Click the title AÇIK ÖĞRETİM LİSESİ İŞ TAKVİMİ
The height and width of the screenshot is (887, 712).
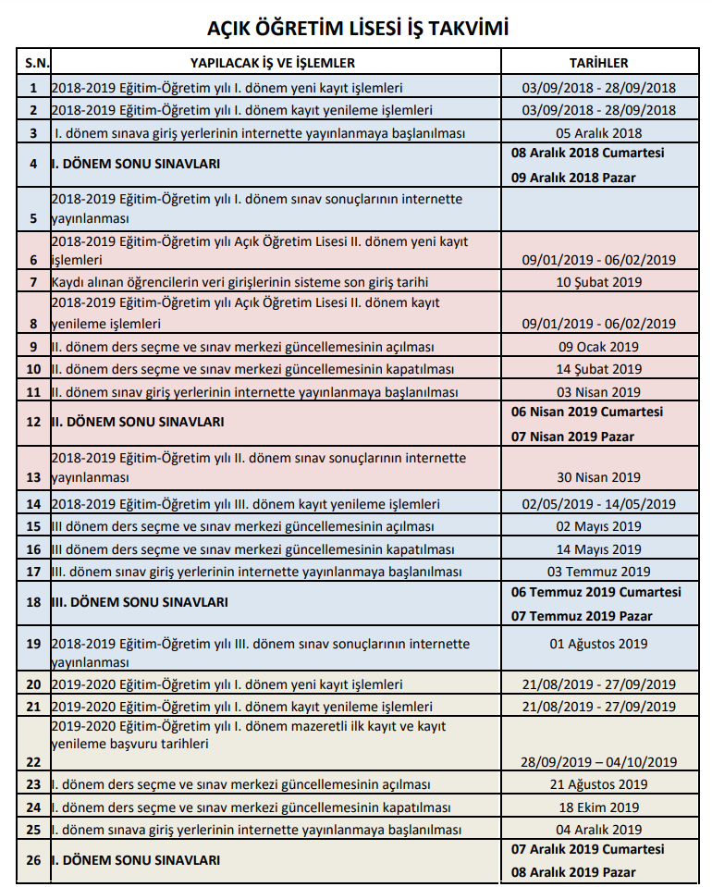[x=358, y=29]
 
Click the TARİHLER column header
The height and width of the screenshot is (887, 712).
[x=598, y=63]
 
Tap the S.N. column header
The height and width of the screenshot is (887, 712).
[x=34, y=63]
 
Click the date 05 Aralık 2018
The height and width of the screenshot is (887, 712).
[x=598, y=133]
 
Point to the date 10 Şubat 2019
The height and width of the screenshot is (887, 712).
[x=598, y=281]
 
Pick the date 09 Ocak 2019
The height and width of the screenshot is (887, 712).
[x=598, y=347]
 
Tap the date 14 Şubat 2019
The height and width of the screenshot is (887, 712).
[x=598, y=369]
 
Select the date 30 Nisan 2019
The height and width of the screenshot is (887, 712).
[x=598, y=477]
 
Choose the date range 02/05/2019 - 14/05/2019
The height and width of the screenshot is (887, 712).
[x=598, y=504]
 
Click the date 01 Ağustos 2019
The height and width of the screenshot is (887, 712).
[x=598, y=644]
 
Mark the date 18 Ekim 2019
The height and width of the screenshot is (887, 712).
[x=598, y=807]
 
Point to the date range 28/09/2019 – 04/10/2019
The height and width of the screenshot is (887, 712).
[x=598, y=762]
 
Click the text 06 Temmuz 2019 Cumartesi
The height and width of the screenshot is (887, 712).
[x=598, y=592]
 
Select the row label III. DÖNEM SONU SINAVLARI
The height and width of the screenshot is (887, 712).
[x=140, y=602]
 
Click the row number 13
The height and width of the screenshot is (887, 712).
[x=34, y=477]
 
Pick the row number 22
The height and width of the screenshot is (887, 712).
[x=34, y=762]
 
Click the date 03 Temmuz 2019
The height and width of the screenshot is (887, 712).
[x=598, y=572]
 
